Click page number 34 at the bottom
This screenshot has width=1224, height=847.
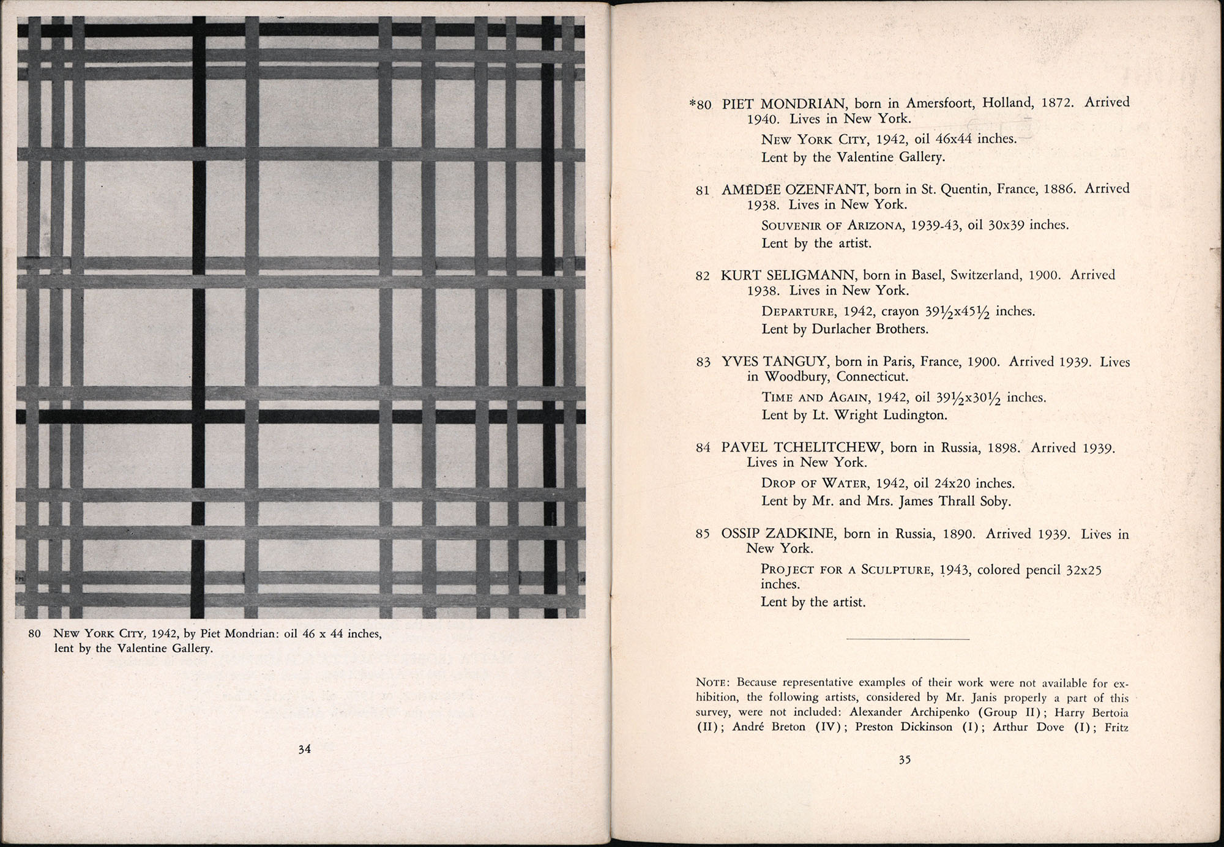pos(304,748)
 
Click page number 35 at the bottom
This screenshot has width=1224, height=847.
pos(905,759)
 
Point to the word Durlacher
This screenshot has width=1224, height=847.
pos(841,329)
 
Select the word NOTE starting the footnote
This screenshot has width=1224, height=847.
pos(713,682)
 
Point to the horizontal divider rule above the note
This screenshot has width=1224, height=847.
pos(908,639)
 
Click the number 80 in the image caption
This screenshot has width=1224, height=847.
pos(35,633)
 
